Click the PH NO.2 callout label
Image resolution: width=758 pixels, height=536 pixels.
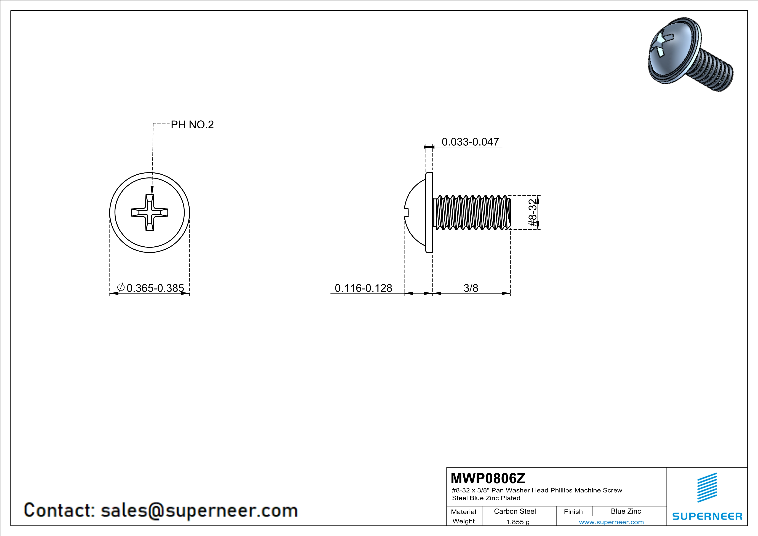pos(192,124)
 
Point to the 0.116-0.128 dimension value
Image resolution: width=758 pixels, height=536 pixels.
pos(364,288)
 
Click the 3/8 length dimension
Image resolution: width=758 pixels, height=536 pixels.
pos(471,288)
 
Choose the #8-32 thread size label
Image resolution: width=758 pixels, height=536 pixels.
pos(533,212)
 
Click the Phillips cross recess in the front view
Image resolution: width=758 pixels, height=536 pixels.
pos(150,212)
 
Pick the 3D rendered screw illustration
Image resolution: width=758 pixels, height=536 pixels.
pos(691,54)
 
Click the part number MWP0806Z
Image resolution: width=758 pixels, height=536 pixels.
pos(488,478)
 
